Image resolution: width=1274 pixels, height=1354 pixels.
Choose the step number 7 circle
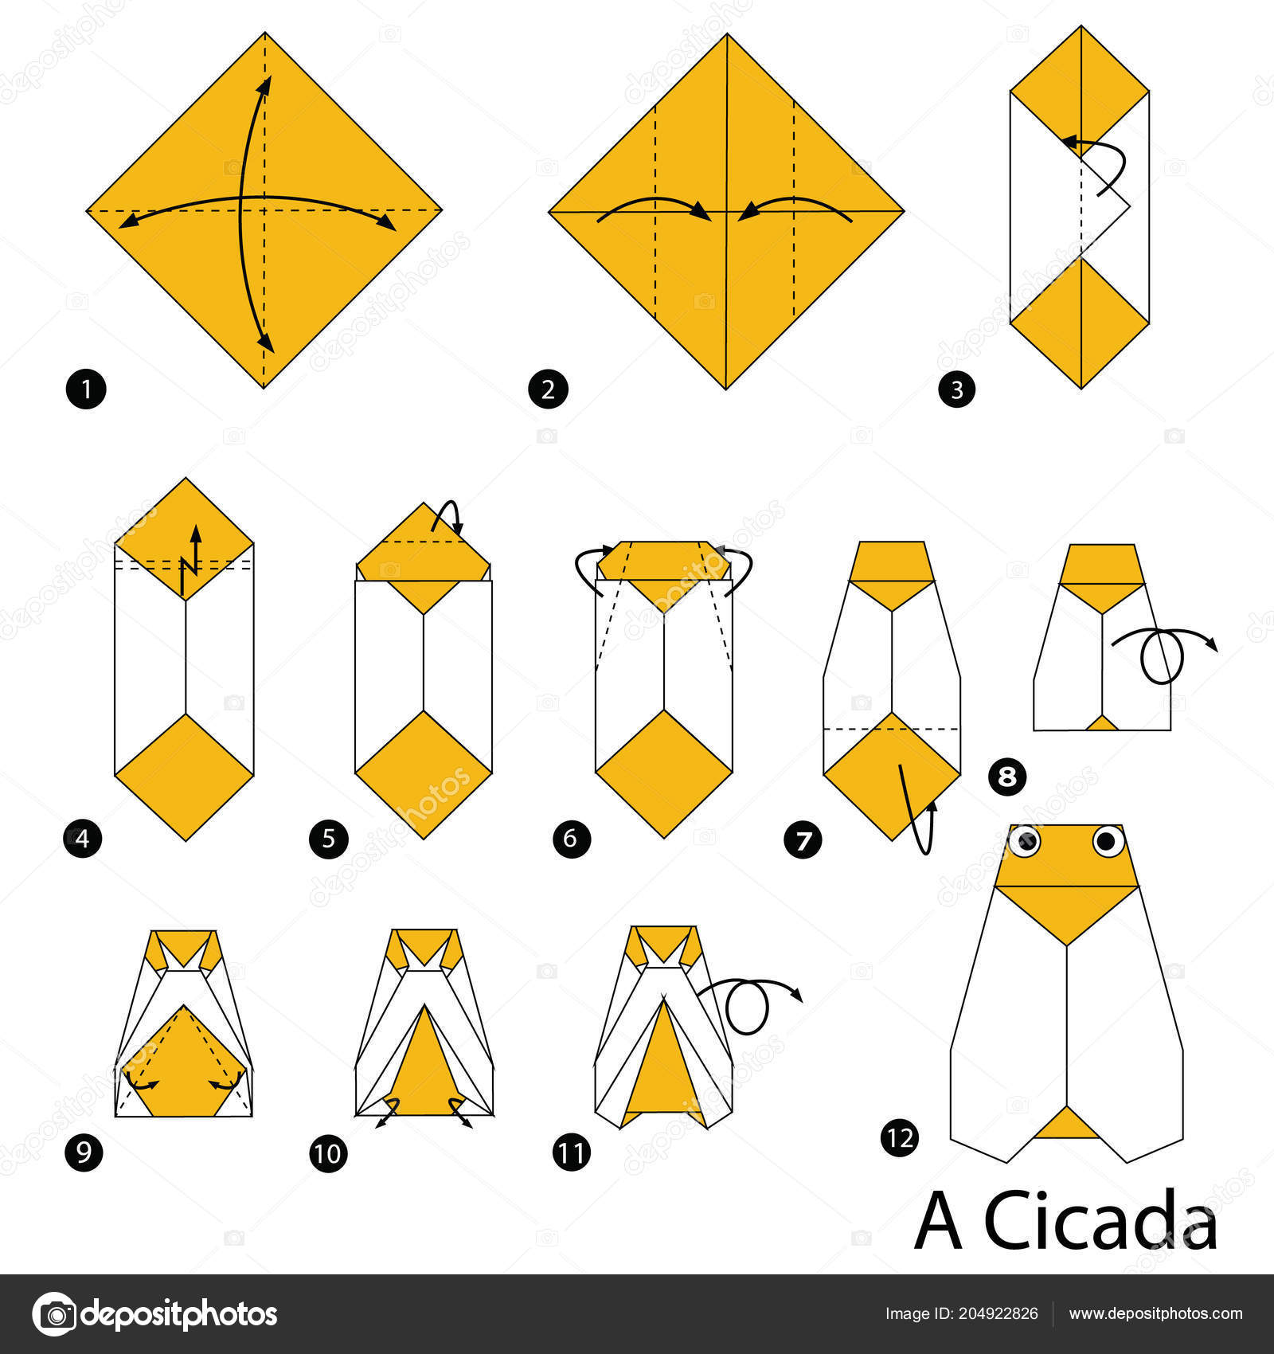tap(803, 839)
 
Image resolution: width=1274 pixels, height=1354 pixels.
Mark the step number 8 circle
tap(1007, 776)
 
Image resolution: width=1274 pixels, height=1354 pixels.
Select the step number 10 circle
tap(329, 1152)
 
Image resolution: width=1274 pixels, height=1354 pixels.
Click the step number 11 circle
tap(571, 1152)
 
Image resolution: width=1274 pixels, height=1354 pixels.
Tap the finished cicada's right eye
tap(1108, 840)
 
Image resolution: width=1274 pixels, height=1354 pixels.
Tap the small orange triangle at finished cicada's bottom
tap(1066, 1123)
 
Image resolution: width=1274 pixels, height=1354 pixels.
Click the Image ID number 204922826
tap(1001, 1314)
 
